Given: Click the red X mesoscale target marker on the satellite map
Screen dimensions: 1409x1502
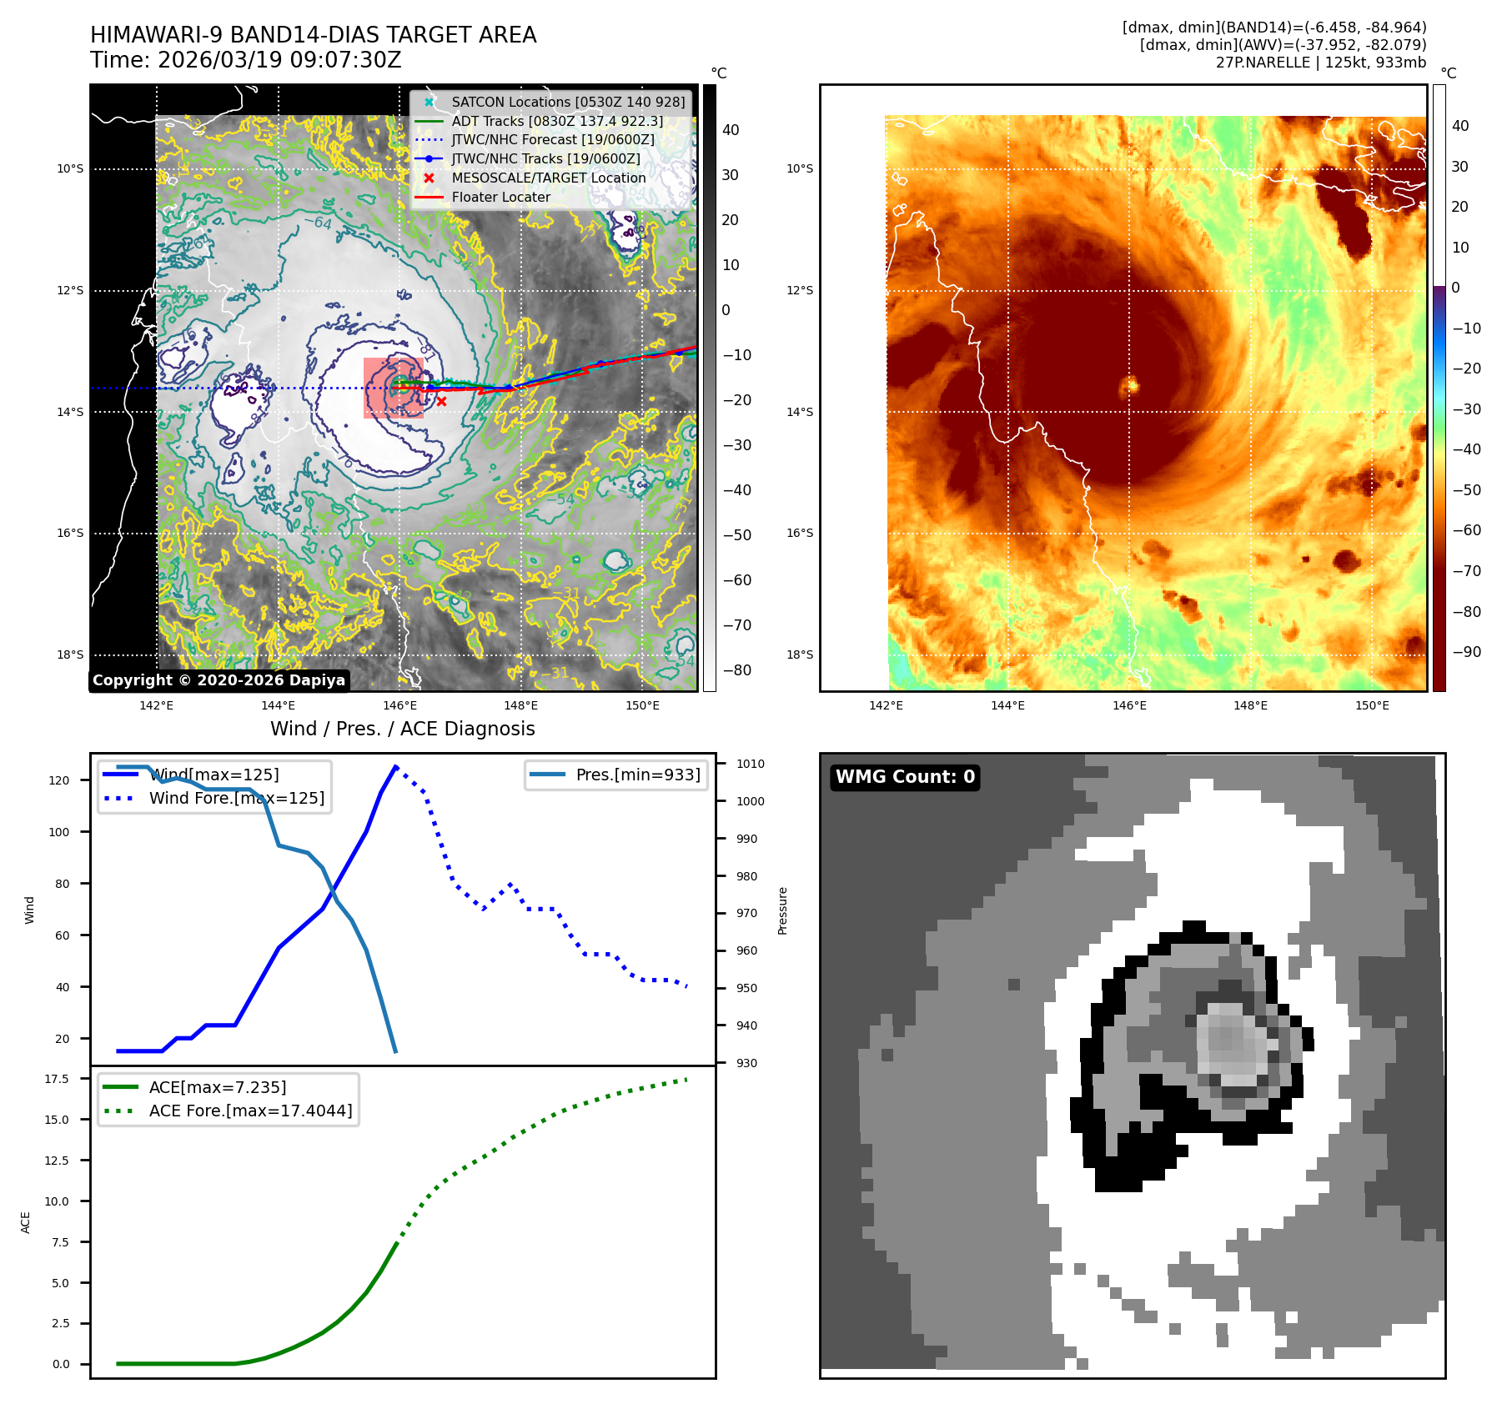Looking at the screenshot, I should pyautogui.click(x=441, y=401).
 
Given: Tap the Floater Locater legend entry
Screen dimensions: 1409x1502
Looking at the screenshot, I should pyautogui.click(x=500, y=197).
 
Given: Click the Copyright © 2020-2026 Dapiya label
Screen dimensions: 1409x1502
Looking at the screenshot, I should pyautogui.click(x=219, y=680).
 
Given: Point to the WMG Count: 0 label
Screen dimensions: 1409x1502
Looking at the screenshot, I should pyautogui.click(x=905, y=777).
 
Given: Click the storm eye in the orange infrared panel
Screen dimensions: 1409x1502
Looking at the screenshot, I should pyautogui.click(x=1130, y=385).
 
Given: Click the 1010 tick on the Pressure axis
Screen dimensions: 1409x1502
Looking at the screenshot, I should pyautogui.click(x=750, y=764).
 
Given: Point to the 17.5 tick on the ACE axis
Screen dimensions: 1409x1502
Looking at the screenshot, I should pyautogui.click(x=57, y=1079).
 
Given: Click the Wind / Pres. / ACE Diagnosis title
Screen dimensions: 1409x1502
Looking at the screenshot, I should pyautogui.click(x=402, y=729).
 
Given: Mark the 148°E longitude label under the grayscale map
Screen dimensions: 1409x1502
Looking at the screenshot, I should pyautogui.click(x=520, y=705).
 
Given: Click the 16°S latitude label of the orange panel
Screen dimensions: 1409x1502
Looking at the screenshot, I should pyautogui.click(x=800, y=533).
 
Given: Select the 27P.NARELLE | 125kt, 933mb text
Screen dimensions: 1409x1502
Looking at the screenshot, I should pyautogui.click(x=1320, y=63).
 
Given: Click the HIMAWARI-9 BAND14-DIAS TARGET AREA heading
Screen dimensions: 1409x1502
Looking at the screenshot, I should pyautogui.click(x=313, y=35).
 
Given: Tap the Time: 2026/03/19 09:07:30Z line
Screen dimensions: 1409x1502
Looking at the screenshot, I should pyautogui.click(x=245, y=60).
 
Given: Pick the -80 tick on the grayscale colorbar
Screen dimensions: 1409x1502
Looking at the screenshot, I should pyautogui.click(x=736, y=670).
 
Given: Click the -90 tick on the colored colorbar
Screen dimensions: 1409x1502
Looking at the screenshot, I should pyautogui.click(x=1466, y=652).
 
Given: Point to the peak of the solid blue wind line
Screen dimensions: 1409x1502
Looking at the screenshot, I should pyautogui.click(x=395, y=766).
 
